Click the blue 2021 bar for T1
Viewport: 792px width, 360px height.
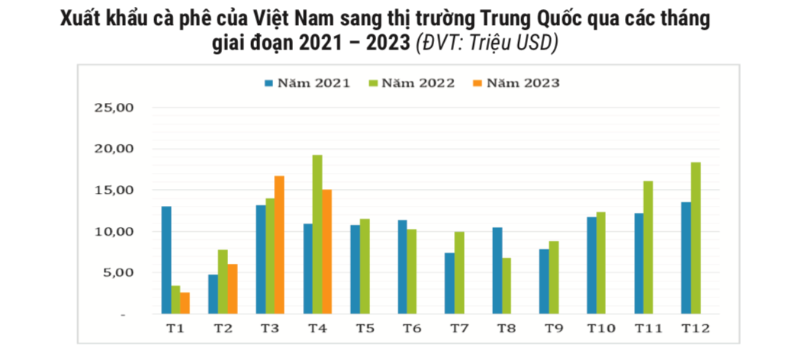(166, 260)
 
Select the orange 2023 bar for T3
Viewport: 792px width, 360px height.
(279, 245)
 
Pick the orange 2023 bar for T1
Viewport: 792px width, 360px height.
(185, 303)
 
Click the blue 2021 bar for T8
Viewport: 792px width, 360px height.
(497, 271)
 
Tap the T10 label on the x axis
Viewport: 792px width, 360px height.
(600, 329)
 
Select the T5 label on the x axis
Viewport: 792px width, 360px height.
(365, 329)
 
